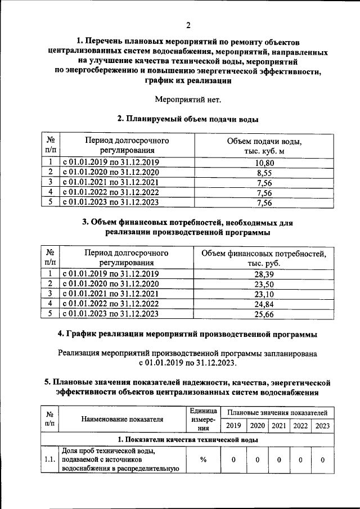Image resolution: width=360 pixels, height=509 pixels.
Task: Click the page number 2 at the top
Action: [188, 25]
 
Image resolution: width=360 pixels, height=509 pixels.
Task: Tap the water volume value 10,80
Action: [264, 163]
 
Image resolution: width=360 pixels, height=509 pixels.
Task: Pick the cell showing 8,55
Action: [264, 173]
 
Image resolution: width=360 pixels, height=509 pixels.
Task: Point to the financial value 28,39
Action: [264, 274]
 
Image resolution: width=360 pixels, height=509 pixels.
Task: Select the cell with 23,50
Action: [264, 284]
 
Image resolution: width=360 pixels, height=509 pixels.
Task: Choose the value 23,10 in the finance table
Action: [264, 294]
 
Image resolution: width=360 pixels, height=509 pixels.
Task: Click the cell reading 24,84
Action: [264, 304]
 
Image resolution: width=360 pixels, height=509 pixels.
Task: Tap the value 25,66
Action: [264, 314]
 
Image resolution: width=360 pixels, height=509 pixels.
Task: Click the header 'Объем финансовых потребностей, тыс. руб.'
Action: [264, 258]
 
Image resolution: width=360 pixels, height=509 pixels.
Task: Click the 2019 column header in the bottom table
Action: [233, 426]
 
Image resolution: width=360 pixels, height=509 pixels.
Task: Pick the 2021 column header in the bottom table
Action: [278, 426]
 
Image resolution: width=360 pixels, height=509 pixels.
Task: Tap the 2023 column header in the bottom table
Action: [322, 426]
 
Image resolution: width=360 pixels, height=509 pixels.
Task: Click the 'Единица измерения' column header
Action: [200, 419]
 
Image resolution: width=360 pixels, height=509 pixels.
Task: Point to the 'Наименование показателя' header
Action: [122, 419]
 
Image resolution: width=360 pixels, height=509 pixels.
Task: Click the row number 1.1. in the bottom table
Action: [49, 460]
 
